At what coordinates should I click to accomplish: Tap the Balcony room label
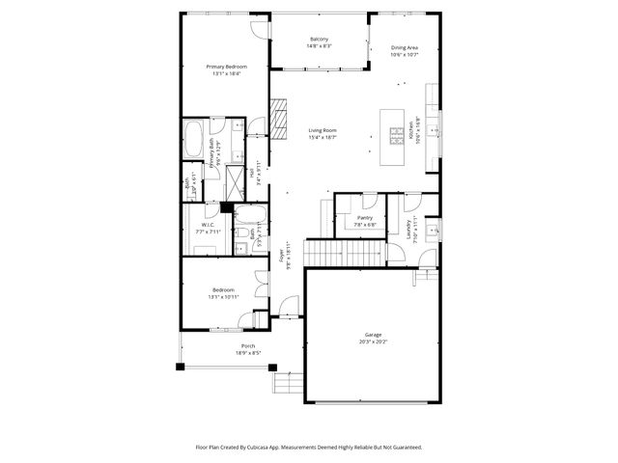pyautogui.click(x=319, y=40)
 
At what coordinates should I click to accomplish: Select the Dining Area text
pyautogui.click(x=404, y=47)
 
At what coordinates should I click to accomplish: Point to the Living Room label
pyautogui.click(x=322, y=130)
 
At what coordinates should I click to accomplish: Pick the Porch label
pyautogui.click(x=248, y=346)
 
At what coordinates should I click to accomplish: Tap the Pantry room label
pyautogui.click(x=364, y=218)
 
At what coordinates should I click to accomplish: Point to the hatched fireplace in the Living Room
pyautogui.click(x=280, y=120)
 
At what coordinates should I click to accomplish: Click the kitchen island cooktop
pyautogui.click(x=395, y=136)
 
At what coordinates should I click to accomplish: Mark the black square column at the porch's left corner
pyautogui.click(x=180, y=367)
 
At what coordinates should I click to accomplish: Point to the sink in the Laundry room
pyautogui.click(x=435, y=231)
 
